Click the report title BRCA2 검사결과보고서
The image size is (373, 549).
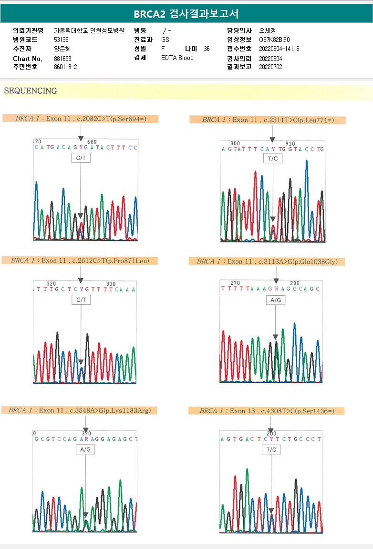pos(186,14)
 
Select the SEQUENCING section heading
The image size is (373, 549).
pos(30,91)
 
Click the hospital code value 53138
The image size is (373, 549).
pos(62,40)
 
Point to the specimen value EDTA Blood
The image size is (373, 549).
pos(177,58)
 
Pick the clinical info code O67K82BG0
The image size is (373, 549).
pos(274,40)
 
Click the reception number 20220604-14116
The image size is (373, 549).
pos(279,49)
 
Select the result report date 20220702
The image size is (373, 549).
pos(270,67)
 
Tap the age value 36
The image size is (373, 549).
pos(206,49)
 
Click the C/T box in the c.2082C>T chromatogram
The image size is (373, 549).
pos(81,158)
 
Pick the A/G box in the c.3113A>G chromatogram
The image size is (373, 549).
pos(276,300)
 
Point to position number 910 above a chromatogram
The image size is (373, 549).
pos(290,143)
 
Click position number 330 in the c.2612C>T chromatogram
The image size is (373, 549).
pos(111,284)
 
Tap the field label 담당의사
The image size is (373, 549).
pos(239,30)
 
